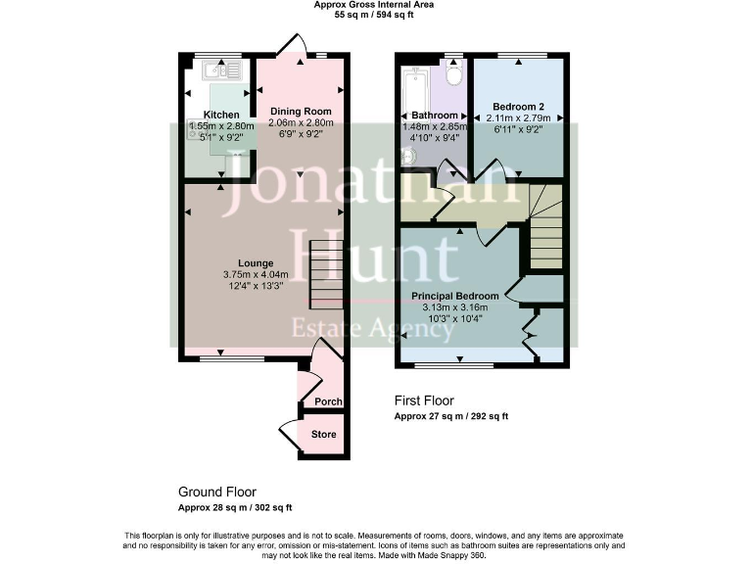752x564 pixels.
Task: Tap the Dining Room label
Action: [301, 111]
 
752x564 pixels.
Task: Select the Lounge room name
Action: [256, 262]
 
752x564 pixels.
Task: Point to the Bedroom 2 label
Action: [517, 107]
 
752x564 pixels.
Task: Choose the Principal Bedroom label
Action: [454, 296]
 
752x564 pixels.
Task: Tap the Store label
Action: [323, 434]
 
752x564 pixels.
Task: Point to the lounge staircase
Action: [325, 274]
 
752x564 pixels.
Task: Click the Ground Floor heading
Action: [217, 492]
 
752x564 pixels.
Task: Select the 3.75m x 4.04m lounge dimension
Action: [256, 274]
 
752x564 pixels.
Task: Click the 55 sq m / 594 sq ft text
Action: [374, 16]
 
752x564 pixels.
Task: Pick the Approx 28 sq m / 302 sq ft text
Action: [235, 507]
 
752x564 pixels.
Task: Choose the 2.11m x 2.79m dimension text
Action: [518, 118]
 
